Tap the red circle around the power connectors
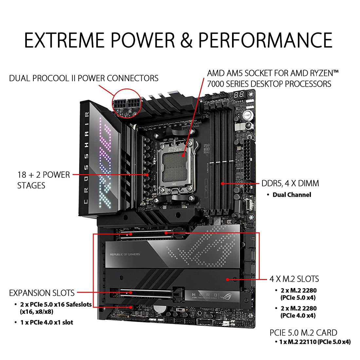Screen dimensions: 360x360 click(127, 103)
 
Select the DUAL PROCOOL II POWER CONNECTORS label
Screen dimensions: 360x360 click(84, 78)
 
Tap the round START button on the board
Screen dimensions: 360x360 click(247, 115)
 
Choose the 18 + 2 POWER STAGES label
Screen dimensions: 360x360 click(44, 180)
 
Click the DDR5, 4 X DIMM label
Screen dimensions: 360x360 click(290, 183)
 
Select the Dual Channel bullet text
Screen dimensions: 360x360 click(292, 195)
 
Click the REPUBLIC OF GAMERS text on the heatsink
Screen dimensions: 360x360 click(125, 254)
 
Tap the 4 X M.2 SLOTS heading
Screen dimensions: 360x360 click(294, 279)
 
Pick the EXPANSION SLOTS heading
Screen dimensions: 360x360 click(42, 293)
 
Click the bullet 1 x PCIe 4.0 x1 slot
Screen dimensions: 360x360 click(47, 322)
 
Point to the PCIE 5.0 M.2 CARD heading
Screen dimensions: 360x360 click(303, 333)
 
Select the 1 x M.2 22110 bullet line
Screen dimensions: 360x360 click(315, 342)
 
